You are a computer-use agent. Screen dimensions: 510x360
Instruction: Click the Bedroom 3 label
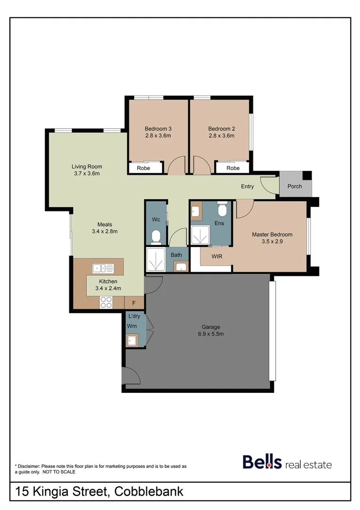(158, 128)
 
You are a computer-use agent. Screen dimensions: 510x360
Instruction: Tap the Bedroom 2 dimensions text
(221, 136)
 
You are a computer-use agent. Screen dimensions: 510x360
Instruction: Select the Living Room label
(87, 166)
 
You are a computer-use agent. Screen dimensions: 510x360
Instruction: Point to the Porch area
(295, 186)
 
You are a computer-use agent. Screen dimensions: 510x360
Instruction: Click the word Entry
(247, 186)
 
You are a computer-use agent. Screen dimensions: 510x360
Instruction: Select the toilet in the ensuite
(223, 208)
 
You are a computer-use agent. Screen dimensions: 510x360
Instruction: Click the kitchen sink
(103, 268)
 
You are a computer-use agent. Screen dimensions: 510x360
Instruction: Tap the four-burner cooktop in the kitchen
(106, 302)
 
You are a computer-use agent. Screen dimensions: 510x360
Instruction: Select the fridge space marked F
(134, 302)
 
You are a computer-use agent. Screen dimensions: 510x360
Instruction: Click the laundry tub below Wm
(132, 340)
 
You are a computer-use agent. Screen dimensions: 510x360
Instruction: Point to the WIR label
(217, 256)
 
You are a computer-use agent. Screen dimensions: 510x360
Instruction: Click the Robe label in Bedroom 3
(143, 168)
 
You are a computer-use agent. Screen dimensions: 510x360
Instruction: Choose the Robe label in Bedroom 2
(233, 168)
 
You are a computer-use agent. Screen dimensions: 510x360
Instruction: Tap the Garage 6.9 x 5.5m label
(211, 330)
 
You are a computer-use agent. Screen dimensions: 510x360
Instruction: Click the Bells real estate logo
(287, 462)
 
